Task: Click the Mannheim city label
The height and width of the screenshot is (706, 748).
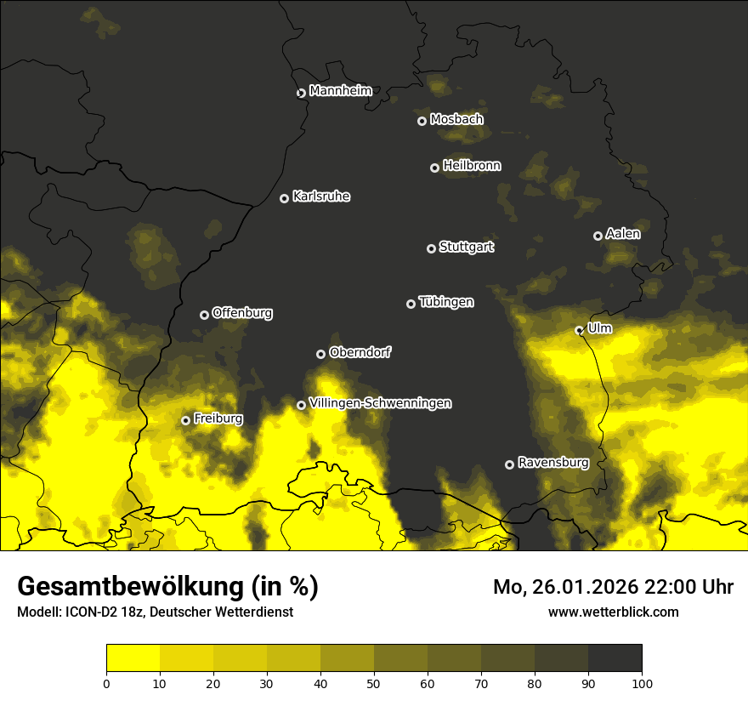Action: [x=340, y=90]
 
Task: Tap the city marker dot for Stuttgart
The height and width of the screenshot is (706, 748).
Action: [x=431, y=248]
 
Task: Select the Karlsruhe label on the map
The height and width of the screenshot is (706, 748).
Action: [x=321, y=196]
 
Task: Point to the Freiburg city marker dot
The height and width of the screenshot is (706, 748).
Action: [x=185, y=420]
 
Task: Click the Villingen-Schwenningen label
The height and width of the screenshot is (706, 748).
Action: [x=380, y=403]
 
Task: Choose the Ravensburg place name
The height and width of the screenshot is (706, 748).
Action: [x=553, y=463]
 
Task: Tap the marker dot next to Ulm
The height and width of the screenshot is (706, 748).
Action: [x=579, y=330]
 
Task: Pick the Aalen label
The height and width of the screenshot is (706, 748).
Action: [x=623, y=233]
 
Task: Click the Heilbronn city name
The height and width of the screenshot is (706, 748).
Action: [x=472, y=166]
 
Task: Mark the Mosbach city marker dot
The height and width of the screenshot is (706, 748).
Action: [x=422, y=121]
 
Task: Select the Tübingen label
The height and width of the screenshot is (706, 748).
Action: [x=446, y=302]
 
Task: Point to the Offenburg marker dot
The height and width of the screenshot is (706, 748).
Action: [x=204, y=315]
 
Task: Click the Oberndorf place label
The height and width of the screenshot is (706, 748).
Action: [x=360, y=352]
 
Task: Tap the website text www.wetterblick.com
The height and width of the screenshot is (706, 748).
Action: [x=614, y=612]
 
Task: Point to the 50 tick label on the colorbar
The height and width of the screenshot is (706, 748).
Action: [x=374, y=683]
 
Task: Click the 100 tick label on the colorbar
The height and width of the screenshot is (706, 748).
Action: [x=641, y=683]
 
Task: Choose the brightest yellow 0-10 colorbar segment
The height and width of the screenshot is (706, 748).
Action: [x=133, y=658]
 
